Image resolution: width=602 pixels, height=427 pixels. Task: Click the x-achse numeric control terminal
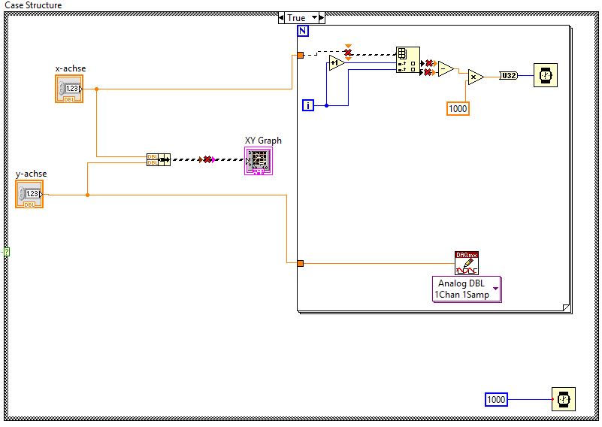pyautogui.click(x=68, y=89)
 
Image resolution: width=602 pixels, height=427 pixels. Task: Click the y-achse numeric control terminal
pyautogui.click(x=29, y=194)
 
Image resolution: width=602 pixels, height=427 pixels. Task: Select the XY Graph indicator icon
pyautogui.click(x=258, y=161)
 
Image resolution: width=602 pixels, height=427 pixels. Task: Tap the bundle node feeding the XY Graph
pyautogui.click(x=158, y=159)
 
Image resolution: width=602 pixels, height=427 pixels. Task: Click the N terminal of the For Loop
pyautogui.click(x=303, y=31)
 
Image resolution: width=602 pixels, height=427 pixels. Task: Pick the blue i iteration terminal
pyautogui.click(x=307, y=105)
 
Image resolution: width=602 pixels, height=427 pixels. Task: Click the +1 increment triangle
pyautogui.click(x=335, y=63)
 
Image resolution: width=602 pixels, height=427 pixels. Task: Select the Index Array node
pyautogui.click(x=407, y=61)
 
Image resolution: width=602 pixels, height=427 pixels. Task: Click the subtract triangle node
pyautogui.click(x=445, y=68)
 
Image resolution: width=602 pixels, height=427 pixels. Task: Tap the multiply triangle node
pyautogui.click(x=475, y=77)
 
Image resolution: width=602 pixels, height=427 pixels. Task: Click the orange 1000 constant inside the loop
pyautogui.click(x=457, y=108)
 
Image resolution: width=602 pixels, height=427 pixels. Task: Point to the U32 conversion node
pyautogui.click(x=508, y=76)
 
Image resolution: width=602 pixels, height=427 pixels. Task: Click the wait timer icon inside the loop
pyautogui.click(x=546, y=76)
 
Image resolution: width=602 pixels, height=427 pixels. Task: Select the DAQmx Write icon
pyautogui.click(x=466, y=263)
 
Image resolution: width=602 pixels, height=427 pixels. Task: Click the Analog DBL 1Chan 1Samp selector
pyautogui.click(x=466, y=289)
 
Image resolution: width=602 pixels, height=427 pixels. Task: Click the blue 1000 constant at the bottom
pyautogui.click(x=496, y=399)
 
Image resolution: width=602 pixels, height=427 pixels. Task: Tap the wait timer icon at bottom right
pyautogui.click(x=564, y=399)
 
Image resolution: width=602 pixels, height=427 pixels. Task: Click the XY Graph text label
pyautogui.click(x=263, y=141)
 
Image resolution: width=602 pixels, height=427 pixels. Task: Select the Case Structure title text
pyautogui.click(x=34, y=5)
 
